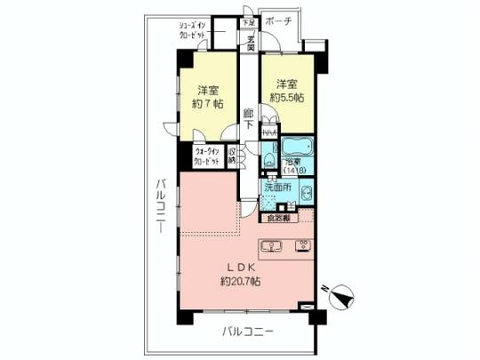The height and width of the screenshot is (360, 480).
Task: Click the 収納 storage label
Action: (x=232, y=157)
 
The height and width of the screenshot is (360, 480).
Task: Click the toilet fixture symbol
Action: (x=268, y=161)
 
